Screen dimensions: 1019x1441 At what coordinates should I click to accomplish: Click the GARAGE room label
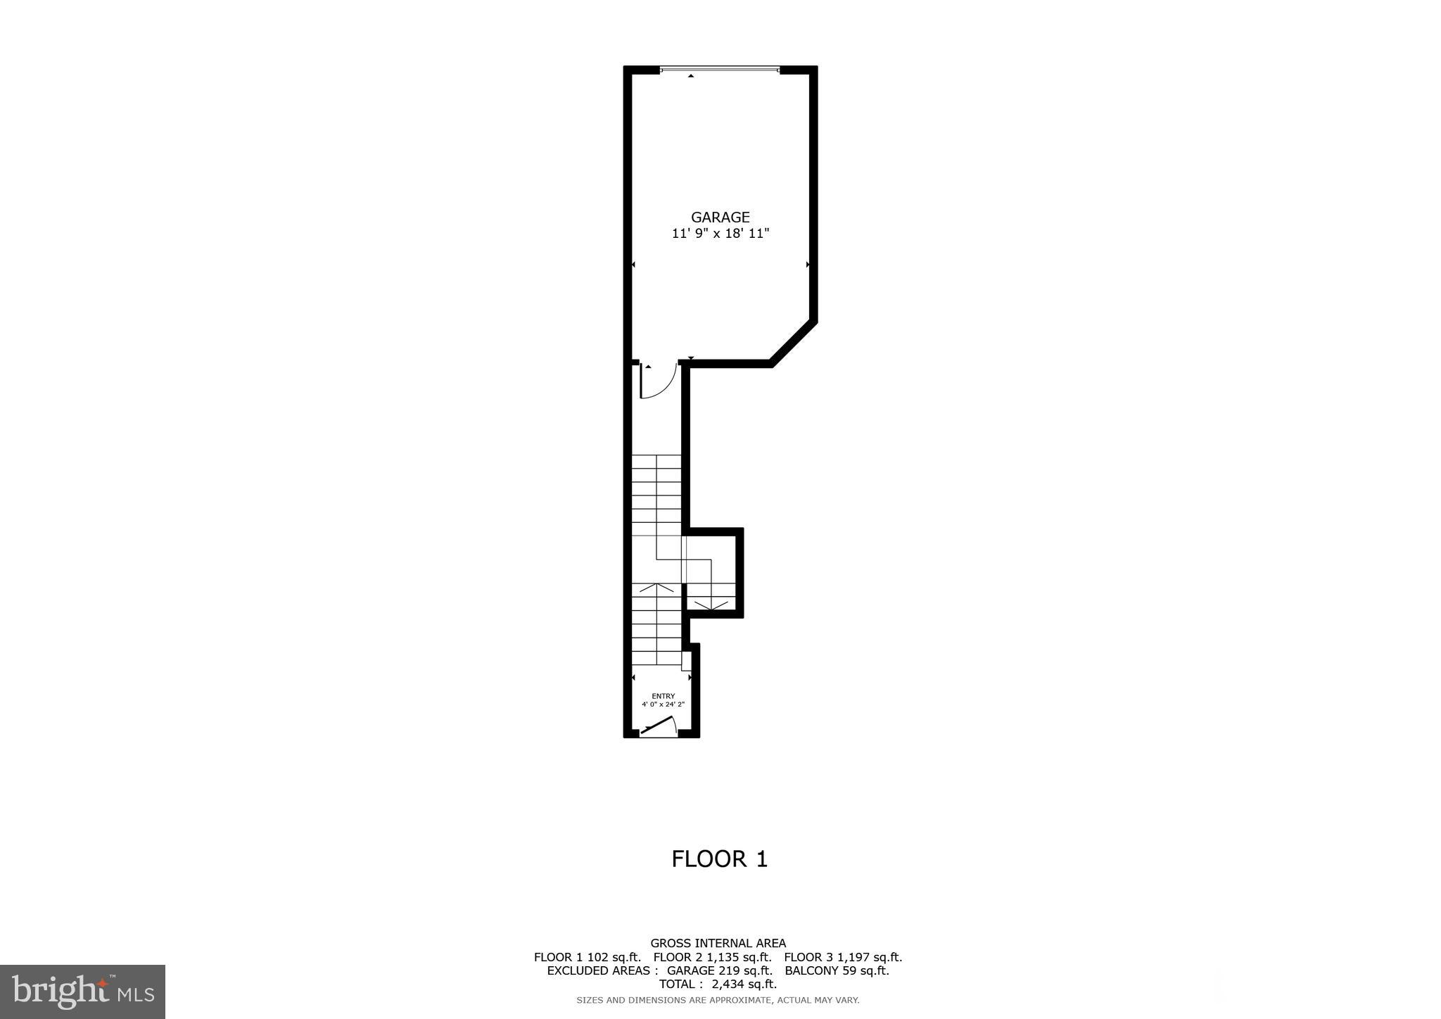point(720,217)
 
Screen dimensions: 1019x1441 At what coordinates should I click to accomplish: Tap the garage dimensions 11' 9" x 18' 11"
point(720,234)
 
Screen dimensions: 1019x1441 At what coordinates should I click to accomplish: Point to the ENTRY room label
point(663,696)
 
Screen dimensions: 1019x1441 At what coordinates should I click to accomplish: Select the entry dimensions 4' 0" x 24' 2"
point(663,704)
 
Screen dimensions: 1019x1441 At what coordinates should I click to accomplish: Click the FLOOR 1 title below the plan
point(719,859)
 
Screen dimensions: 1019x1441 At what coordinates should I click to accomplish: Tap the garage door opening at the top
point(720,70)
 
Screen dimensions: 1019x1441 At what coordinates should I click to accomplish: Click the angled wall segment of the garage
point(794,343)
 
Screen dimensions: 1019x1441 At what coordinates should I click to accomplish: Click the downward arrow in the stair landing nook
point(711,604)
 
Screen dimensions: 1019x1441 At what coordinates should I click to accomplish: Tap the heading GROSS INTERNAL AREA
point(718,943)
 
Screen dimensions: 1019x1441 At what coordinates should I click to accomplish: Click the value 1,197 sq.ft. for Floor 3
point(870,957)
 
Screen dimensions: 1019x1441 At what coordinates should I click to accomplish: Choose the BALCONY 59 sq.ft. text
point(837,970)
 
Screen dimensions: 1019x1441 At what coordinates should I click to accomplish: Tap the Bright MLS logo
point(83,992)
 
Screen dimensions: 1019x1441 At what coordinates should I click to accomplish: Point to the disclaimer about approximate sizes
point(718,1000)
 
